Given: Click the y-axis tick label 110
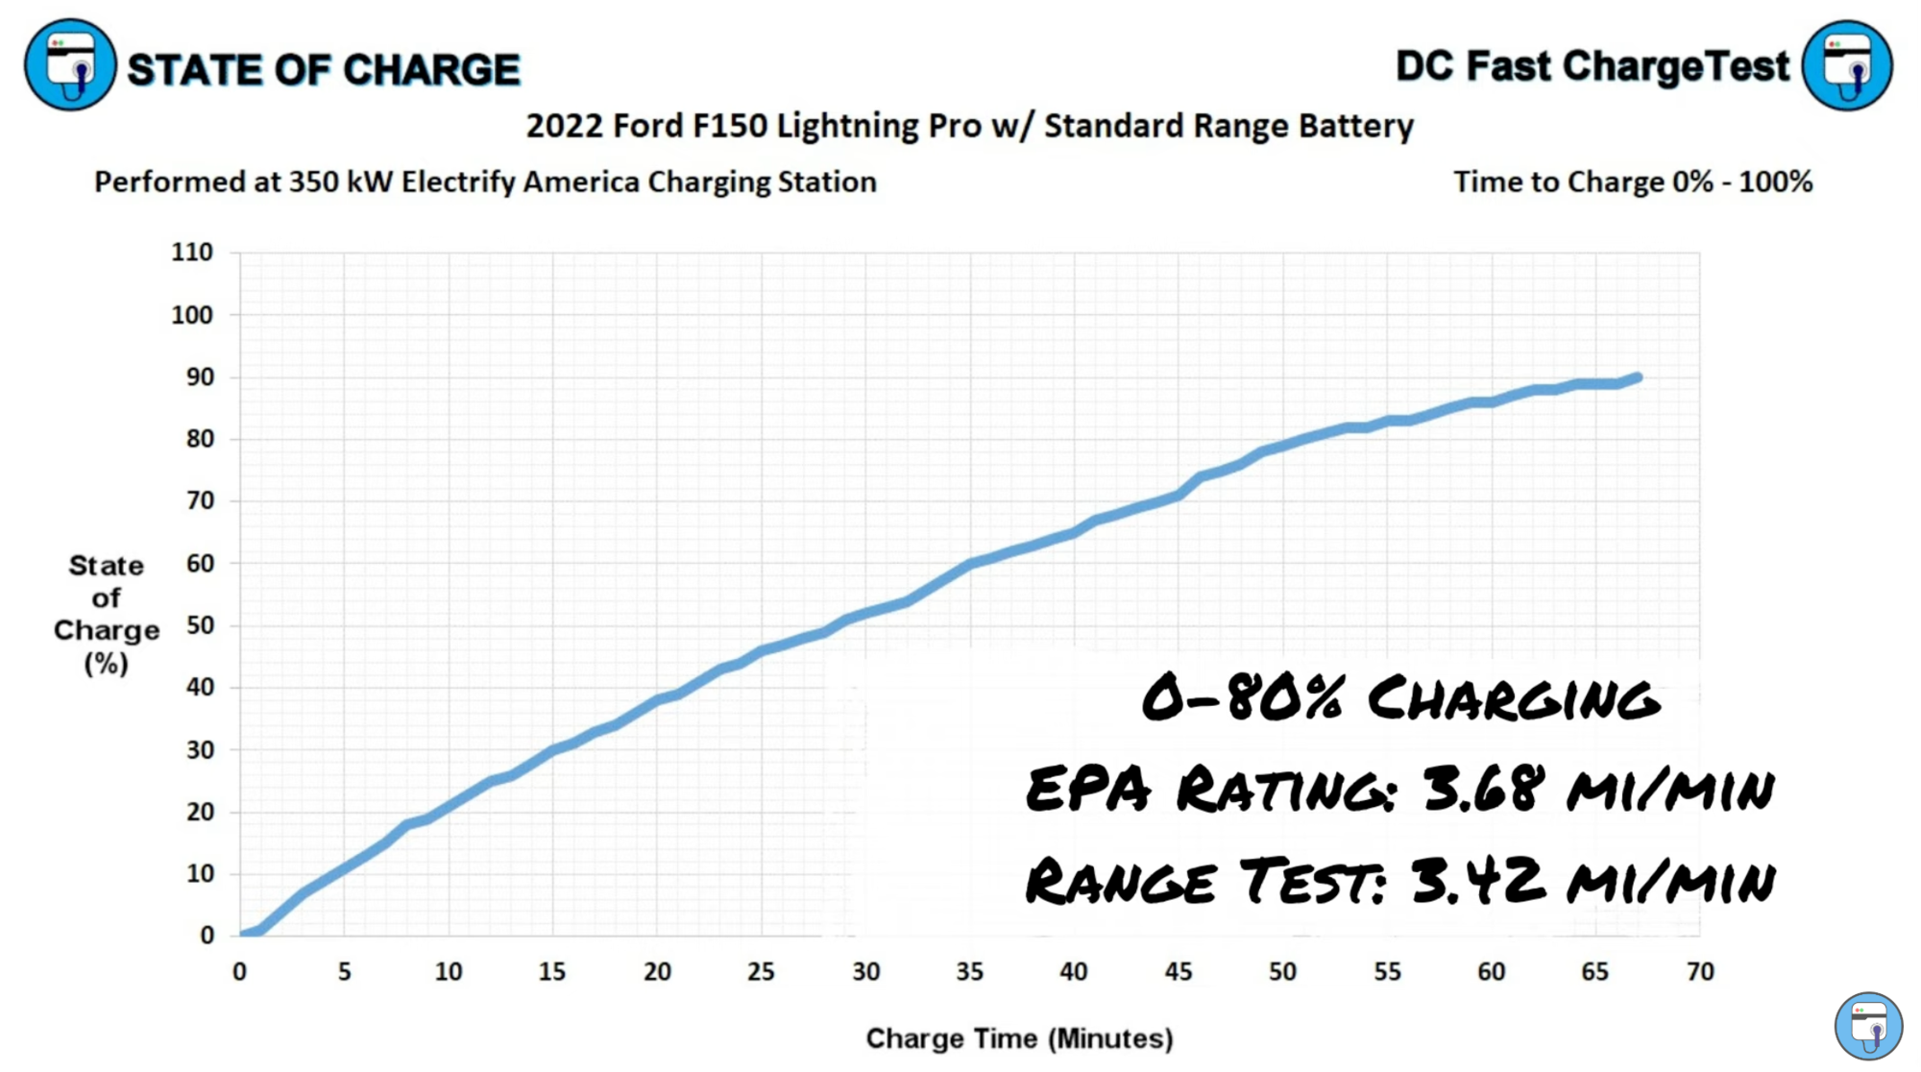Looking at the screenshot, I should [191, 252].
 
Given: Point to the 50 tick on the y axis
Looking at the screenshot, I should [200, 625].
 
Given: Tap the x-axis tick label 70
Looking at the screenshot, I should [1699, 971].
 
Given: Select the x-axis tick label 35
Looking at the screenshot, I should [969, 971].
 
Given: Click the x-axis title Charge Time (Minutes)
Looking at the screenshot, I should [1019, 1038].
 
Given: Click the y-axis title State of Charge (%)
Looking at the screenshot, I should [106, 614].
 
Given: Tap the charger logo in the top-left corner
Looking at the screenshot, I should [70, 65].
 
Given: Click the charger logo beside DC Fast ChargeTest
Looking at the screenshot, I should [1846, 65].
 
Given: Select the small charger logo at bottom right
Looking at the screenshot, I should [1868, 1026].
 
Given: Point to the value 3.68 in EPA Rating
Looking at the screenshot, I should [1483, 788].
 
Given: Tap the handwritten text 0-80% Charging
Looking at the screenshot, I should [1400, 697].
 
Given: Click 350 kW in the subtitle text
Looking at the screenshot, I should [341, 182].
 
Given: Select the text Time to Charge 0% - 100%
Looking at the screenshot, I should [1632, 182].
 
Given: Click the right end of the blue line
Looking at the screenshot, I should [1638, 378].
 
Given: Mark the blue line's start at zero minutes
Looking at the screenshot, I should [242, 934].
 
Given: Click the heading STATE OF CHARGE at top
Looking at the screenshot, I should [323, 70].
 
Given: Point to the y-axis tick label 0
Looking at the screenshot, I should [207, 935].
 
